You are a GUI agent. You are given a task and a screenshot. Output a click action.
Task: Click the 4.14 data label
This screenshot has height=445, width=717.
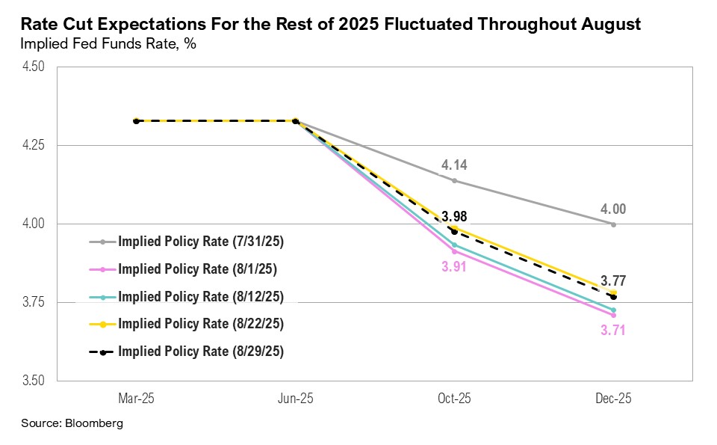point(454,165)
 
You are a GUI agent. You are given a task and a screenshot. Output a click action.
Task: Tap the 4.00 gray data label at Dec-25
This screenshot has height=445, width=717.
point(613,209)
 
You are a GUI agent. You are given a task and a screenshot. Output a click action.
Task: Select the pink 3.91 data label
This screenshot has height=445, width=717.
point(454,267)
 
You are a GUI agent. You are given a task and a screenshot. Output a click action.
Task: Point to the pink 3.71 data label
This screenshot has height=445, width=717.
point(613,330)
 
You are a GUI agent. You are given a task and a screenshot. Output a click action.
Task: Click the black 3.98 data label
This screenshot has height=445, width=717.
point(454,217)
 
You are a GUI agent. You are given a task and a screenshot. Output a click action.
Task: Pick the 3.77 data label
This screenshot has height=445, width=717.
point(613,281)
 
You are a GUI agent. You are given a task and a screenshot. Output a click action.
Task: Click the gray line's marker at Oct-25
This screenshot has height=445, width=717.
point(454,180)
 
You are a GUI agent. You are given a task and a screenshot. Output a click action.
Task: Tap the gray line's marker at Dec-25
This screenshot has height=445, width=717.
point(613,224)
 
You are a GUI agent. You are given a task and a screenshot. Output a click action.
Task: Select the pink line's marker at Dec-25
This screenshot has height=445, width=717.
point(613,315)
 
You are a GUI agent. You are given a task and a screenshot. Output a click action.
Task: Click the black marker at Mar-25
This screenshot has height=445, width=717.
point(136,120)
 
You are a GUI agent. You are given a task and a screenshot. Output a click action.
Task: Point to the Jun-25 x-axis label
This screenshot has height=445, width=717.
point(295,399)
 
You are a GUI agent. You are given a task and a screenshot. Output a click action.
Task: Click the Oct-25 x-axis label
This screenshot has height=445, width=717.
point(454,399)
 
